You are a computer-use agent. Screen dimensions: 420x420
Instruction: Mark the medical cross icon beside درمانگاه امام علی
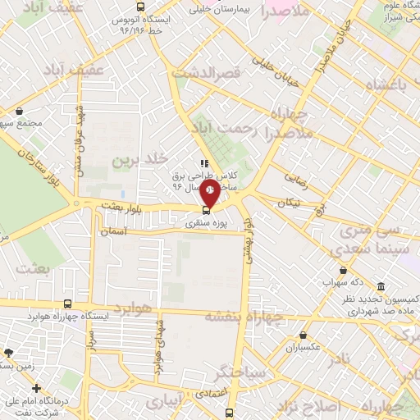(35, 387)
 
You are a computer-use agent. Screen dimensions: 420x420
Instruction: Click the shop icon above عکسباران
(304, 335)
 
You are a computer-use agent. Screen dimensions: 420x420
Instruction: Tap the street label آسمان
(118, 232)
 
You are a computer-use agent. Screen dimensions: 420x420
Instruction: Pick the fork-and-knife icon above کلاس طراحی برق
(203, 163)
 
